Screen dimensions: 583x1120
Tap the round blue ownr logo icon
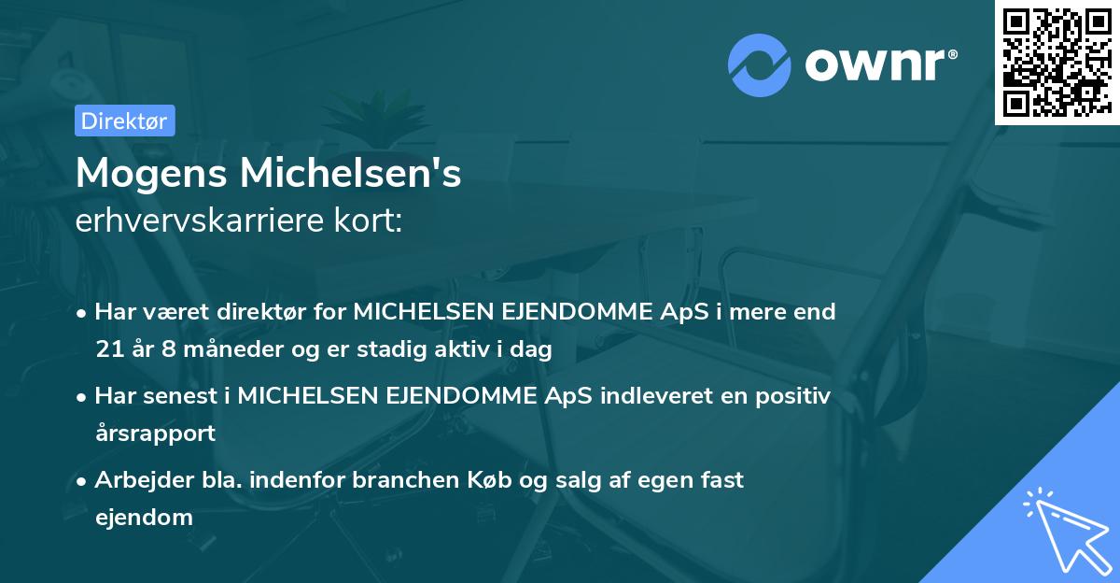point(758,65)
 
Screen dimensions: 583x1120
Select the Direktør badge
point(124,121)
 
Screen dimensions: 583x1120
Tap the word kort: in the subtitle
point(374,220)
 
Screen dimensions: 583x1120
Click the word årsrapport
point(155,433)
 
